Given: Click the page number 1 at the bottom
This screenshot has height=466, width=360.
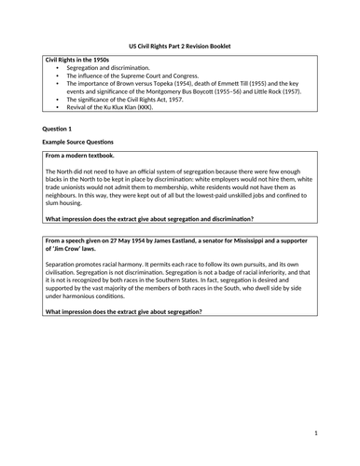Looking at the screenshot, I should pos(316,433).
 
